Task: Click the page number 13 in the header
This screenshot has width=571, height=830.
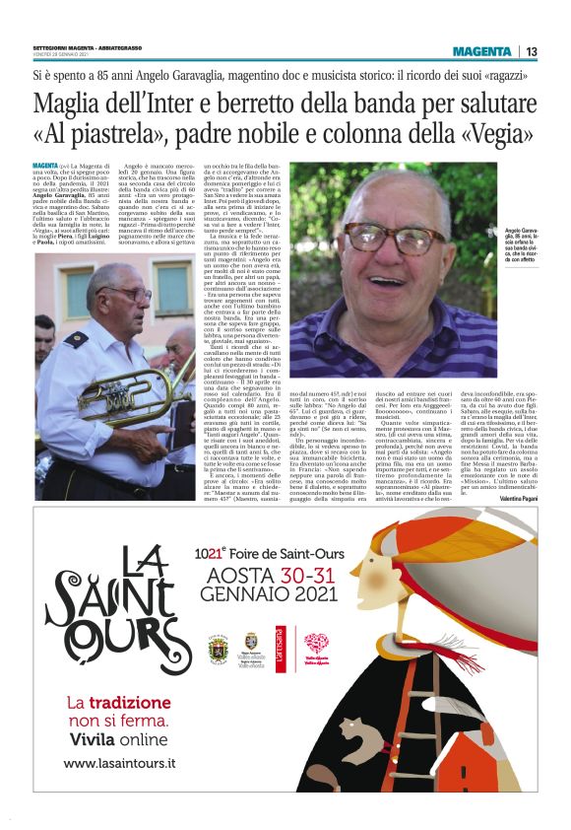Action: [532, 51]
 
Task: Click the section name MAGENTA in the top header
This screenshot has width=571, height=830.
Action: [482, 51]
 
